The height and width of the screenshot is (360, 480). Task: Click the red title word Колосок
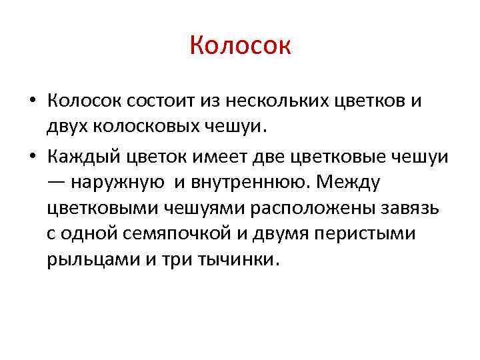(x=240, y=46)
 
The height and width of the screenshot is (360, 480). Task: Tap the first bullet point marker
(x=32, y=101)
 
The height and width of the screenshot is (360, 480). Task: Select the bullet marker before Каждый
(x=32, y=156)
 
